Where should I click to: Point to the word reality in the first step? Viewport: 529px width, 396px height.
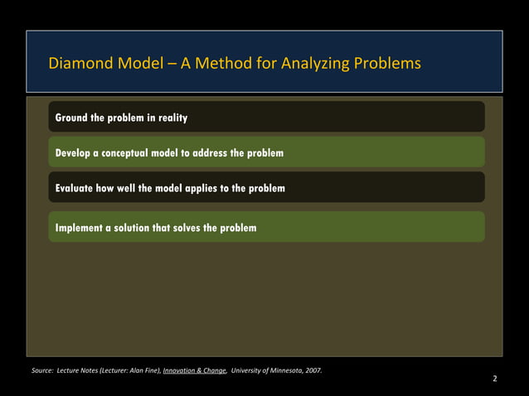(169, 118)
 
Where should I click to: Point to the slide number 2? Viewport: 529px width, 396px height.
(495, 379)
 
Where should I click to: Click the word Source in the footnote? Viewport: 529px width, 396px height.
(41, 369)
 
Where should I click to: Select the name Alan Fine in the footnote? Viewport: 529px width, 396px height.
(143, 369)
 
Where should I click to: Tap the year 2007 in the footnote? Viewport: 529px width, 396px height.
(313, 369)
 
